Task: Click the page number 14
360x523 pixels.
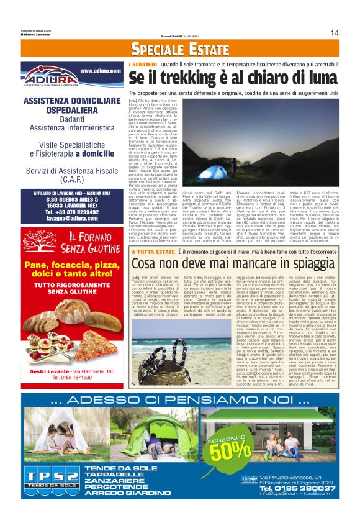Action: [334, 33]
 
